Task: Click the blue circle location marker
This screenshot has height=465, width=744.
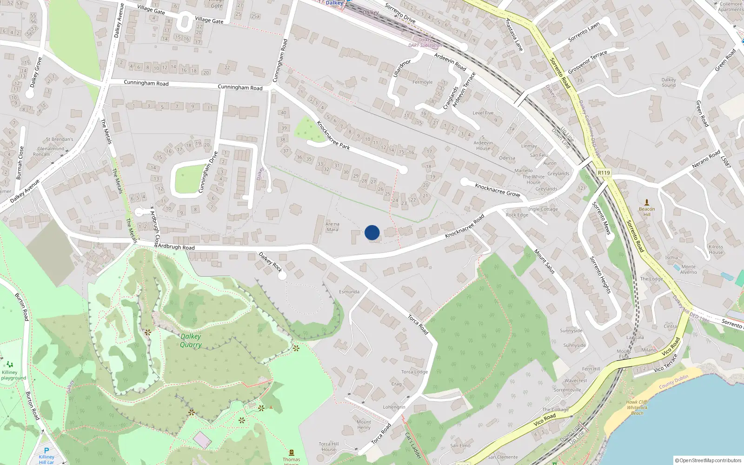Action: coord(372,232)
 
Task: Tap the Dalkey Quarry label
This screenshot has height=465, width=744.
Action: coord(191,340)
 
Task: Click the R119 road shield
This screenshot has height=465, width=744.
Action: coord(604,173)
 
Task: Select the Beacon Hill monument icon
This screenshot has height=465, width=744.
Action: coord(646,202)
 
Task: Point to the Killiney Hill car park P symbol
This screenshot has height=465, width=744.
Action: coord(46,451)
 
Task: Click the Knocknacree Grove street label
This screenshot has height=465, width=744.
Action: coord(497,190)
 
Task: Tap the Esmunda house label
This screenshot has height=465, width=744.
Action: coord(349,292)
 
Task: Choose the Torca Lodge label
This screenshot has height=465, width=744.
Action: coord(414,372)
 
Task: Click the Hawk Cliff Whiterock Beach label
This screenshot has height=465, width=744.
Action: coord(637,407)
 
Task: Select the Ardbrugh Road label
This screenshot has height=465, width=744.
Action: coord(176,247)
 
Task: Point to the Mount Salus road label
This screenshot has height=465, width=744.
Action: coord(544,261)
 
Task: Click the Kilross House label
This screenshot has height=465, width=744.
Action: coord(716,250)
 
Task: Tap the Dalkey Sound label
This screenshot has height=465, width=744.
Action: coord(669,82)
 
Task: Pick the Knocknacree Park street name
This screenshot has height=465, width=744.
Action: coord(333,135)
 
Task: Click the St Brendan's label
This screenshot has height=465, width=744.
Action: coord(60,139)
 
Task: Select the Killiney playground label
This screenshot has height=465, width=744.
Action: coord(13,375)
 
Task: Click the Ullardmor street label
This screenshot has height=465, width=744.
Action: coord(402,68)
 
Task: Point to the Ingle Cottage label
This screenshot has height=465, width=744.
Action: coord(543,209)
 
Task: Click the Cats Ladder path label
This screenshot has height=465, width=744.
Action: coord(412,445)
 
